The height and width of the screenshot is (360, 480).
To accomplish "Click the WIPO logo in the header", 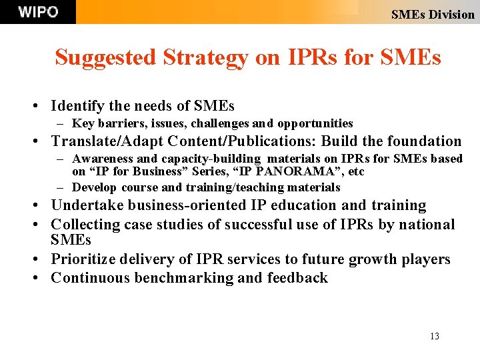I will tap(38, 12).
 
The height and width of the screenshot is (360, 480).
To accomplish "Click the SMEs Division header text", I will tap(433, 14).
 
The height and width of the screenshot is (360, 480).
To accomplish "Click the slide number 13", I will tap(435, 336).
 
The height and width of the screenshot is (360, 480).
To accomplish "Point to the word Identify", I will tap(77, 105).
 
